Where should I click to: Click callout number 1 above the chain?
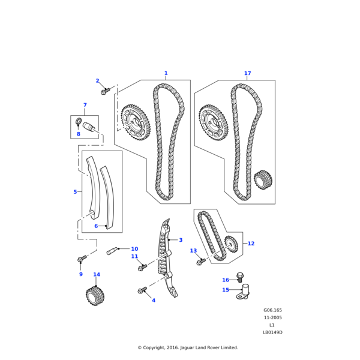[166, 74]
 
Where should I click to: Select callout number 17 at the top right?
[247, 74]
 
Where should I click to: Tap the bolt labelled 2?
[105, 91]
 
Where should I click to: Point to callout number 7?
[85, 105]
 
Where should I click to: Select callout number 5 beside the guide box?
[75, 192]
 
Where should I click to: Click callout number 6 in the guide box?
[96, 226]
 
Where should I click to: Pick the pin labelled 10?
[112, 250]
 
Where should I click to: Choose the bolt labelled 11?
[143, 266]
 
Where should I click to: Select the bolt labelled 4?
[142, 290]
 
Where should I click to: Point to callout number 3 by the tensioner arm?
[180, 240]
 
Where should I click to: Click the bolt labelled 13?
[200, 262]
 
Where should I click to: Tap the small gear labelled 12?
[230, 244]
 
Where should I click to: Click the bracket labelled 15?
[243, 292]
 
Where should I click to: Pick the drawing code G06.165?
[272, 310]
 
